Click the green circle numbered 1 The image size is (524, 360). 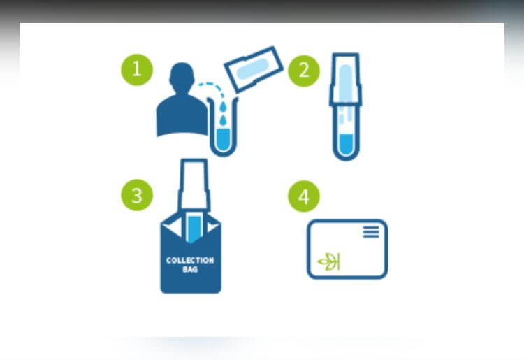click(137, 70)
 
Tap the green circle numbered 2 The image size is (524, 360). click(304, 71)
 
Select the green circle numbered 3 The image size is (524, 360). click(137, 195)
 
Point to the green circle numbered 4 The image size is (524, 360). click(304, 196)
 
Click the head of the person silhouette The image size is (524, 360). click(182, 77)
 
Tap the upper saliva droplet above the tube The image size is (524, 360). click(224, 107)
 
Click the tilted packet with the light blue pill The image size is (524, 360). click(254, 69)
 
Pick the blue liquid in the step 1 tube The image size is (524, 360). click(224, 138)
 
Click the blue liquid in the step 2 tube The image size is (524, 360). click(347, 144)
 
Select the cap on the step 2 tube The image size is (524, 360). click(346, 80)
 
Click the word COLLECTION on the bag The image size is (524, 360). click(190, 261)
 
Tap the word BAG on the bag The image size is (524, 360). click(190, 269)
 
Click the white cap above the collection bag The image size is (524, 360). click(194, 185)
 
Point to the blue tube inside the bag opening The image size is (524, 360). click(194, 229)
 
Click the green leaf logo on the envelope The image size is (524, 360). click(329, 261)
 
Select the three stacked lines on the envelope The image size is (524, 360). click(371, 231)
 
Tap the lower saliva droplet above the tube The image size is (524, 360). click(223, 120)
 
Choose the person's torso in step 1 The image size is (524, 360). click(182, 115)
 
